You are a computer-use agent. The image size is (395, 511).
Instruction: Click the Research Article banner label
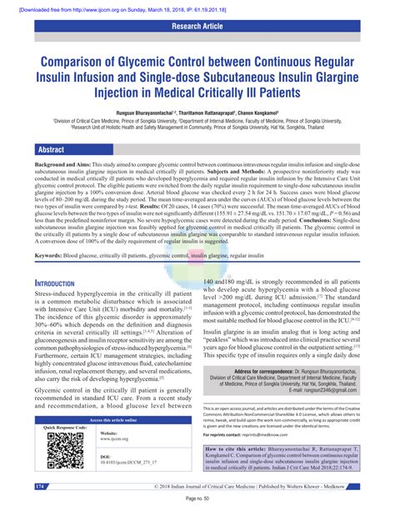[x=197, y=25]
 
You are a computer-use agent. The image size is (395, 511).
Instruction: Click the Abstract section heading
[x=49, y=150]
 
